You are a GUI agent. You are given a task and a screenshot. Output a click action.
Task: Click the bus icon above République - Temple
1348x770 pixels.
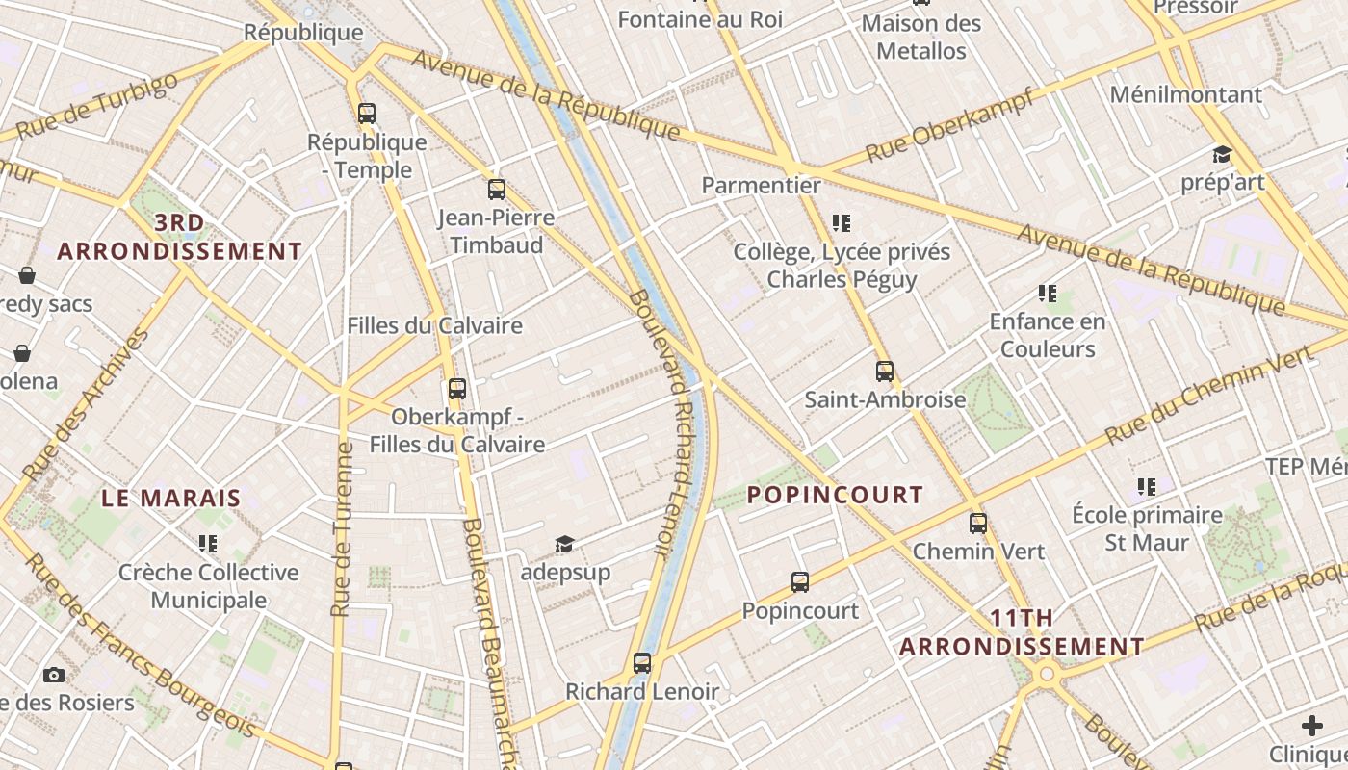pyautogui.click(x=366, y=113)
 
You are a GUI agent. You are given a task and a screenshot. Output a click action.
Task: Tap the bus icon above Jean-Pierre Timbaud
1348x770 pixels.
pyautogui.click(x=497, y=189)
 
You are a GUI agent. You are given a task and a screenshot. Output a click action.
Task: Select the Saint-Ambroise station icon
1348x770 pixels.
pyautogui.click(x=885, y=371)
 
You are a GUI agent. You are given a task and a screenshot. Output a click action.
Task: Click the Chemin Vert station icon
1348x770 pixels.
pyautogui.click(x=978, y=524)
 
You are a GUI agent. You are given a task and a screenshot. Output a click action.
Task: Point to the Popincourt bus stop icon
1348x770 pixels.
pyautogui.click(x=800, y=581)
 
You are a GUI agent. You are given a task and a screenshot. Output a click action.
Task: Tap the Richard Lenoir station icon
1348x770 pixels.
pyautogui.click(x=642, y=662)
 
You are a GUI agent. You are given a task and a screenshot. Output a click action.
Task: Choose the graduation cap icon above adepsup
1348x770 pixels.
pyautogui.click(x=564, y=545)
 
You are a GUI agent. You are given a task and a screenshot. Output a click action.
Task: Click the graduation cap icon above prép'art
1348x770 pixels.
pyautogui.click(x=1222, y=154)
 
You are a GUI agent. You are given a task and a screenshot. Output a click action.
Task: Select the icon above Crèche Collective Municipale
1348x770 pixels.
pyautogui.click(x=208, y=544)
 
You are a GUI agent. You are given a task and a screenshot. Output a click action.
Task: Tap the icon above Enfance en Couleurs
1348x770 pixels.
pyautogui.click(x=1048, y=293)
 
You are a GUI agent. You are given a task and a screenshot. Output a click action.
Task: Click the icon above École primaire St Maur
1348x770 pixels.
pyautogui.click(x=1146, y=486)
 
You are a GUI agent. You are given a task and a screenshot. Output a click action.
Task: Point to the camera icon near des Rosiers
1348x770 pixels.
pyautogui.click(x=54, y=675)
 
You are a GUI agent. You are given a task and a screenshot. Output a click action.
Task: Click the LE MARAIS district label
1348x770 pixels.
pyautogui.click(x=171, y=498)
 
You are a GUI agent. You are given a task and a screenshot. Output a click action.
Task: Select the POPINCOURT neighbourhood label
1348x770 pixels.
pyautogui.click(x=835, y=495)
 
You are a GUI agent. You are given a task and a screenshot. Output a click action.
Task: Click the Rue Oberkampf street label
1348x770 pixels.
pyautogui.click(x=949, y=125)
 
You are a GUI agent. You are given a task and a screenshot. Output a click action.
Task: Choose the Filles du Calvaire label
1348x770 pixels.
pyautogui.click(x=434, y=325)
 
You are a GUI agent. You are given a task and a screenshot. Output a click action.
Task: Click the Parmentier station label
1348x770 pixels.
pyautogui.click(x=761, y=185)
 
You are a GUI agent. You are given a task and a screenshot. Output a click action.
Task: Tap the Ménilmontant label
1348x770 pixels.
pyautogui.click(x=1185, y=94)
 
